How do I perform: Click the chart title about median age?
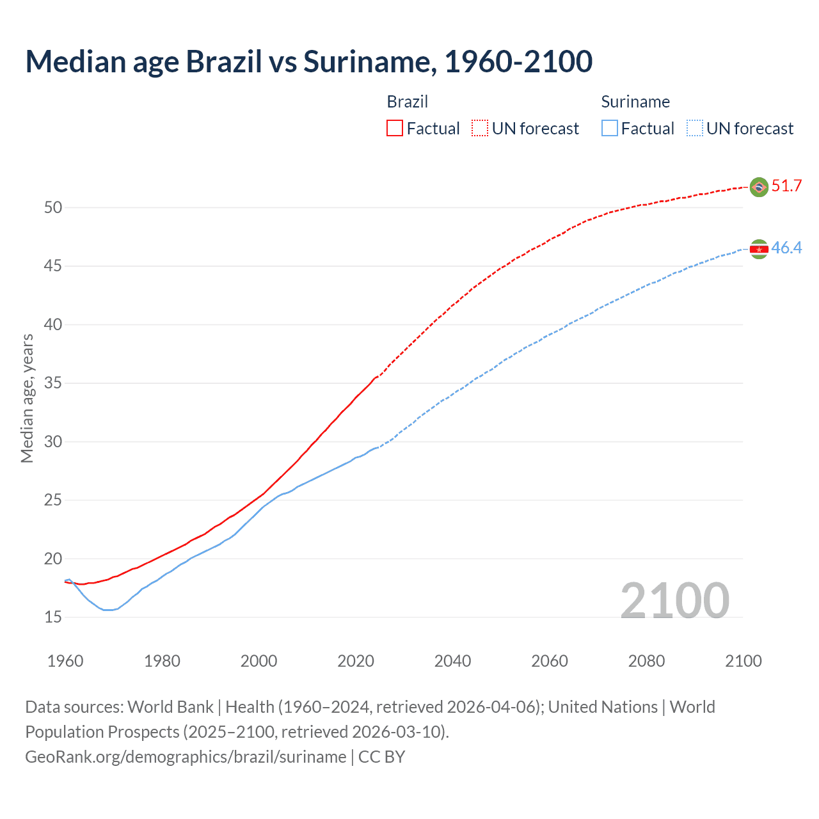tap(308, 61)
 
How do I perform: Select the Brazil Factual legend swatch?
tap(395, 128)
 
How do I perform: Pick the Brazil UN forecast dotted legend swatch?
tap(480, 128)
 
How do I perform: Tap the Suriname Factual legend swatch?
tap(610, 128)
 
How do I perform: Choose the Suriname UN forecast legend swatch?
tap(695, 128)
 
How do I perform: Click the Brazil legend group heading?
tap(408, 102)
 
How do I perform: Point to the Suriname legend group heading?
tap(635, 102)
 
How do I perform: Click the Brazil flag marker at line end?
tap(759, 187)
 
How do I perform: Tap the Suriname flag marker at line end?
tap(759, 249)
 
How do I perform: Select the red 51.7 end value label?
tap(786, 186)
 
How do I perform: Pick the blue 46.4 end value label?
tap(786, 248)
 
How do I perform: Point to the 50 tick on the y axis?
tap(53, 207)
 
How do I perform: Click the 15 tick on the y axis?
tap(53, 617)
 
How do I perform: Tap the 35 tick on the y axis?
tap(53, 383)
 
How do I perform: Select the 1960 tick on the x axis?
tap(65, 661)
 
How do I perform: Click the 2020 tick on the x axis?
tap(356, 661)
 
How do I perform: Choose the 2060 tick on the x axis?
tap(550, 661)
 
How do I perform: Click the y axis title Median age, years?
tap(27, 398)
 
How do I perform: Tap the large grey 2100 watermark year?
tap(674, 600)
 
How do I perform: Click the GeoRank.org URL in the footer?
tap(186, 757)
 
